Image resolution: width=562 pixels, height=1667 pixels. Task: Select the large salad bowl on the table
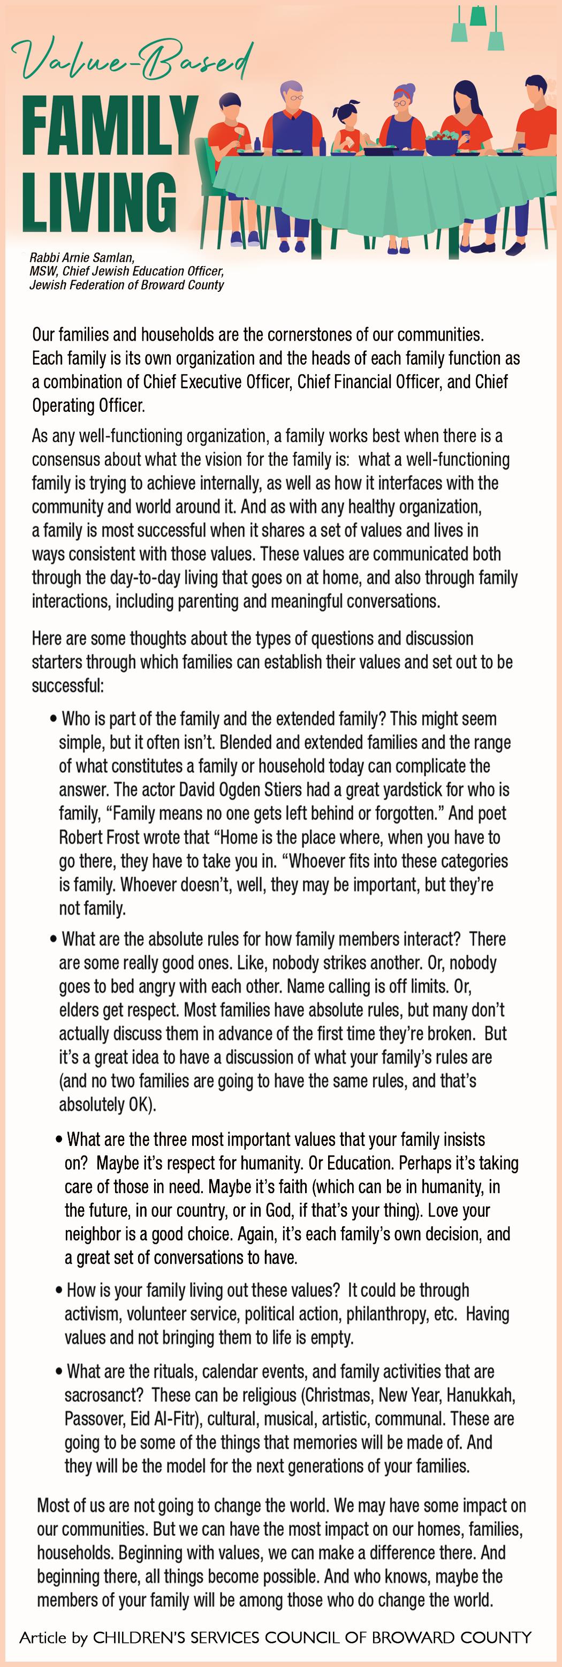tap(442, 142)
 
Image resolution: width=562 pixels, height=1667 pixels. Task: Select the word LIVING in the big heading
tap(99, 201)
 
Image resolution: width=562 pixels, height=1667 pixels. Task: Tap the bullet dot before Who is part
tap(54, 720)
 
